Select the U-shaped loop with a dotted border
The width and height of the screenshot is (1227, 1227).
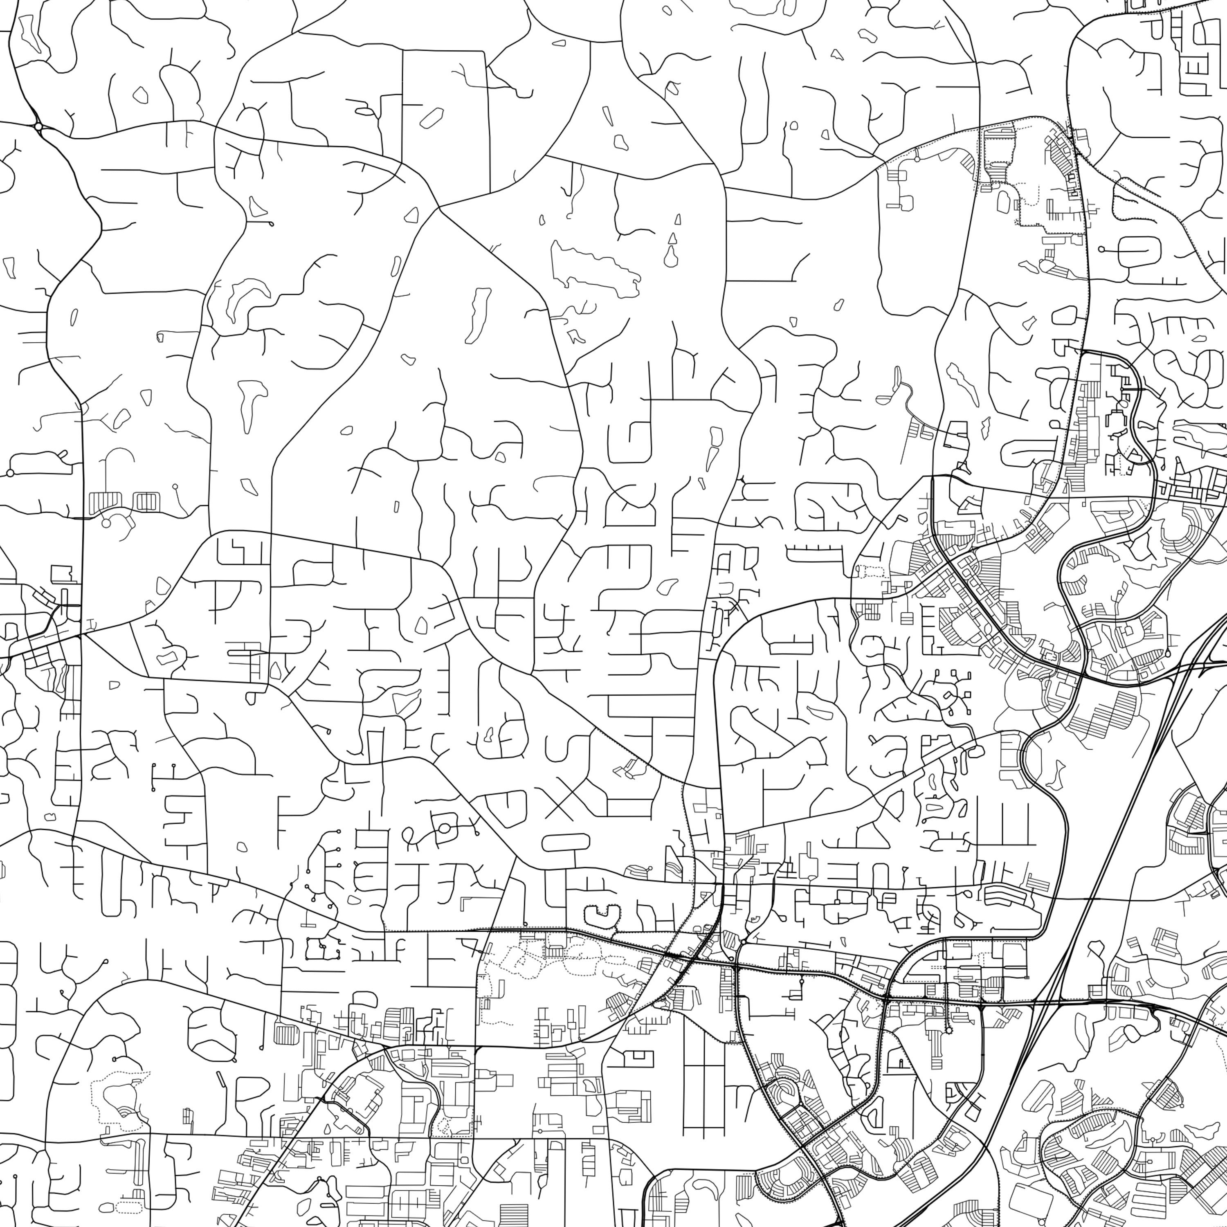click(x=600, y=915)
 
